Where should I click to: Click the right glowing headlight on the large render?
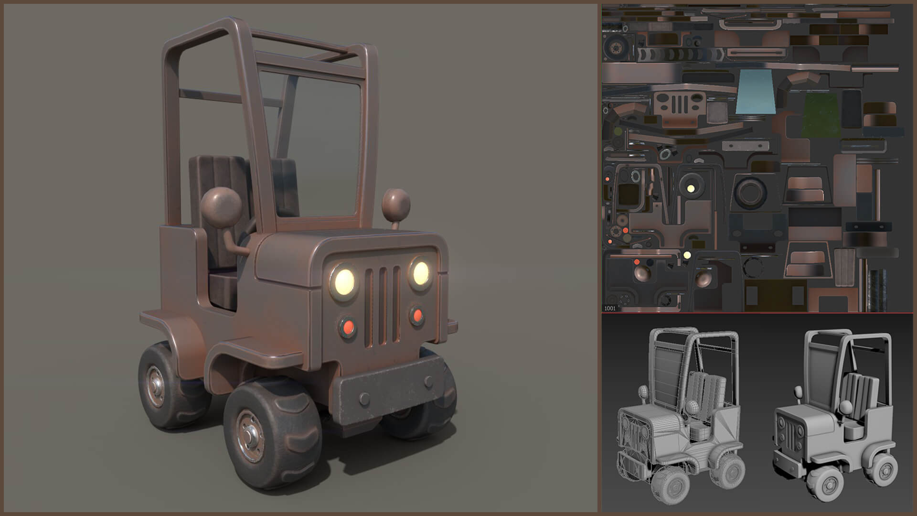(x=420, y=273)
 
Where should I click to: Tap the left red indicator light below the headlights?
(x=348, y=327)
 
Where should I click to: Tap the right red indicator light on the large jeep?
(x=417, y=315)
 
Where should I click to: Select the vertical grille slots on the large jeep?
(x=383, y=306)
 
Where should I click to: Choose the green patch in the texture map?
(x=821, y=115)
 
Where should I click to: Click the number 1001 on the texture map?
(x=610, y=308)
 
